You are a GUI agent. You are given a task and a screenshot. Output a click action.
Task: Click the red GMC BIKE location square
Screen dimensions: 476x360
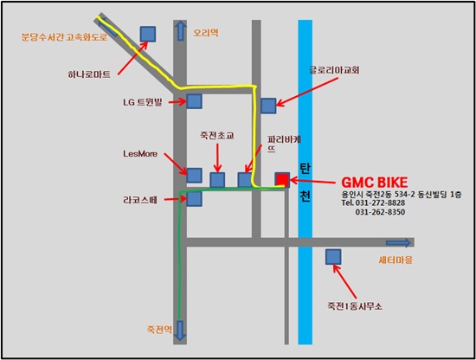point(282,179)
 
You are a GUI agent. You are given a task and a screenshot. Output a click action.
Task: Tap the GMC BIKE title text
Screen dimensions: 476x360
point(375,183)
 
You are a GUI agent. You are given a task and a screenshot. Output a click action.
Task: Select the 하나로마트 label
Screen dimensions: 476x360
point(89,74)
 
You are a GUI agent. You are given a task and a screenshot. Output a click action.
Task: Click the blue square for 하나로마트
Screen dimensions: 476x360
point(148,34)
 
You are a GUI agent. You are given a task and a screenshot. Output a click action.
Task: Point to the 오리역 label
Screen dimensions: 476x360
point(206,33)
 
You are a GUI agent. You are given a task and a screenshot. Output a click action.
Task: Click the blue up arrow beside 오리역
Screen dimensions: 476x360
point(181,30)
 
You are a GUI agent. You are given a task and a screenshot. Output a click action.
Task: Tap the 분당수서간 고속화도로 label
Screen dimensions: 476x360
point(64,37)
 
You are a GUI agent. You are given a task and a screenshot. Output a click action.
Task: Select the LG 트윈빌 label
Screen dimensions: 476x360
point(143,102)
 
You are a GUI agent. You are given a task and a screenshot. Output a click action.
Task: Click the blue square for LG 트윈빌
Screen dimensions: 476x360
point(194,101)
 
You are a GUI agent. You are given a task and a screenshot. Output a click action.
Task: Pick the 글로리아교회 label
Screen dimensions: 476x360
point(334,70)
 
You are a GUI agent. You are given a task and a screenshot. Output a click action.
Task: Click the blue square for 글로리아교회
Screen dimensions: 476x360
point(268,106)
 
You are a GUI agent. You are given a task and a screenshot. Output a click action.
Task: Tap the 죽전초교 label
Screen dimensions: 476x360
point(217,135)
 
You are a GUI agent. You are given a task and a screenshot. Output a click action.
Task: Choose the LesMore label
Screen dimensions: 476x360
point(140,153)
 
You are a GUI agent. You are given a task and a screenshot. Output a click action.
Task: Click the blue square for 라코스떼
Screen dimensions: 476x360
point(194,199)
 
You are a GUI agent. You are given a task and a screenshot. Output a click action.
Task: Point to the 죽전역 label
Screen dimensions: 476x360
point(159,330)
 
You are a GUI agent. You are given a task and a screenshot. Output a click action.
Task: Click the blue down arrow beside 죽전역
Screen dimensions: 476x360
point(181,331)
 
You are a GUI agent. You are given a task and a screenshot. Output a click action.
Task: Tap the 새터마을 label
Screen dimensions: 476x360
point(396,260)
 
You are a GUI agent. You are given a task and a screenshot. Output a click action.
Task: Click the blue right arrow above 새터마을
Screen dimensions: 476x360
point(398,243)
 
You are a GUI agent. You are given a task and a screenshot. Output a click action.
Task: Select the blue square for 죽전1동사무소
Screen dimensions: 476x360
point(333,257)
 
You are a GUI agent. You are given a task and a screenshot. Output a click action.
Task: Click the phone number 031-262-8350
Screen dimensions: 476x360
point(380,212)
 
